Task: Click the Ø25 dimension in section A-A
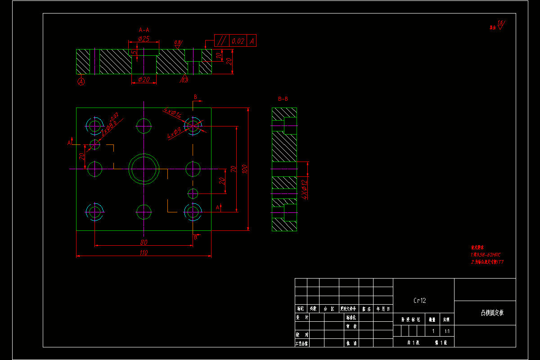coord(144,38)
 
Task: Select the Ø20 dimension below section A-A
coord(144,80)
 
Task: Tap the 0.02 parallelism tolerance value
coord(238,41)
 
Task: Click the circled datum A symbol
coord(81,81)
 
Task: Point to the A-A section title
coord(144,30)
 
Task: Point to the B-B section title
coord(283,99)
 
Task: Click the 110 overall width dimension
coord(144,253)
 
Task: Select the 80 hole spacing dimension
coord(144,243)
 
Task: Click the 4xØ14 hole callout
coord(172,113)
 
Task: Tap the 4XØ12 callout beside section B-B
coord(304,189)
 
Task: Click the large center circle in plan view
coord(144,169)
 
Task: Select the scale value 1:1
coord(447,331)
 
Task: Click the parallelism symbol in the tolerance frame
coord(221,41)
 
